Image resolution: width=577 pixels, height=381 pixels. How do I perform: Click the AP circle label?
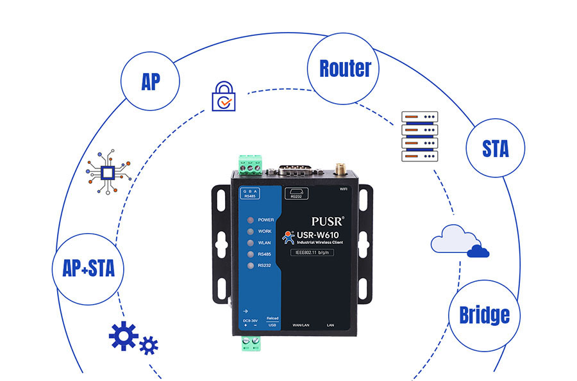(150, 82)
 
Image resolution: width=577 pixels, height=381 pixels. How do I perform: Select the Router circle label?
(344, 69)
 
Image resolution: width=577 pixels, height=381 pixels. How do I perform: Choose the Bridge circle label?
(484, 314)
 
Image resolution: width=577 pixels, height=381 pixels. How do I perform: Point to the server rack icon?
(419, 136)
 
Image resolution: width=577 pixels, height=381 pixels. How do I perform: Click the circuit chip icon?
(110, 172)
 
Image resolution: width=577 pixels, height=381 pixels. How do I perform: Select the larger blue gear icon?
(123, 336)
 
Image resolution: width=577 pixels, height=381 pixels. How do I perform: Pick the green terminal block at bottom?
(251, 344)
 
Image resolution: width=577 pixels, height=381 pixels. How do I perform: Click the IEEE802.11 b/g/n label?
(314, 253)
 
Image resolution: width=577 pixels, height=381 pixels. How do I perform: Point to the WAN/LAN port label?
(302, 325)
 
